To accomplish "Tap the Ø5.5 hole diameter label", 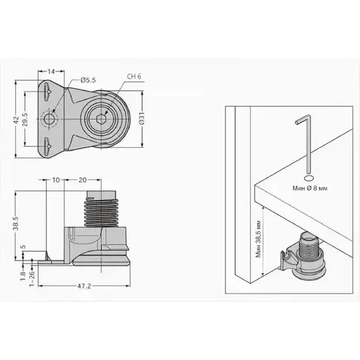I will click(x=88, y=80).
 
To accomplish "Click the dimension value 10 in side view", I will click(x=56, y=180).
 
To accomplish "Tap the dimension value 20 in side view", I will click(x=83, y=180).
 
